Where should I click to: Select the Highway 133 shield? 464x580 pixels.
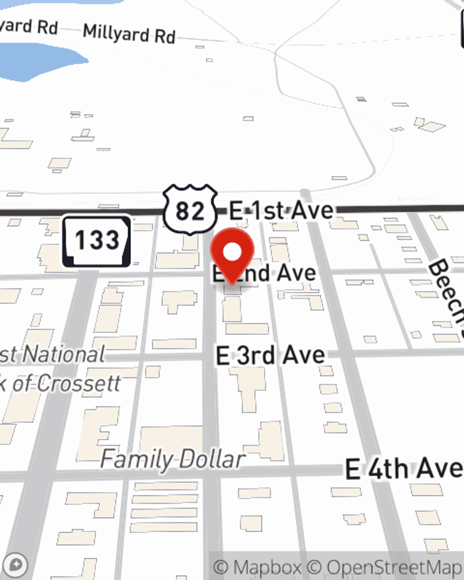coord(97,241)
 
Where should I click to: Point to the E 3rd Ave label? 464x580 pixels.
coord(270,356)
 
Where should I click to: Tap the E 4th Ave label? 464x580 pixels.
coord(404,469)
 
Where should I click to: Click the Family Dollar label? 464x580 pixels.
coord(173,459)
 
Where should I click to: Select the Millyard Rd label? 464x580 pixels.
coord(129,33)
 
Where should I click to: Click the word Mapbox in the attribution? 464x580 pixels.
coord(267,567)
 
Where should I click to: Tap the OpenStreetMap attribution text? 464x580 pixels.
coord(394,567)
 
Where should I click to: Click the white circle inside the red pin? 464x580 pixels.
coord(232,252)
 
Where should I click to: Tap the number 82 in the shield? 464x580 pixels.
coord(190,211)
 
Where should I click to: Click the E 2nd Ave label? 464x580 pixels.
coord(264,273)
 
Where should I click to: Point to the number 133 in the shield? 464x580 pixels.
coord(97,240)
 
